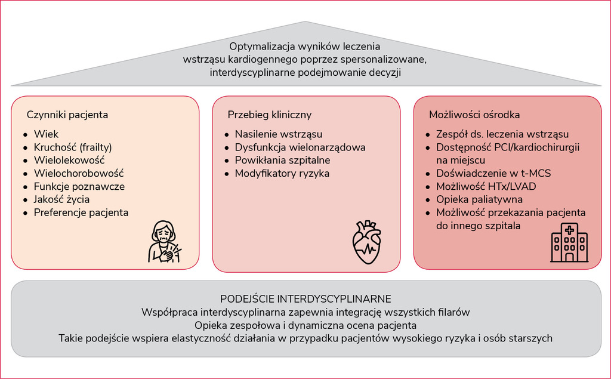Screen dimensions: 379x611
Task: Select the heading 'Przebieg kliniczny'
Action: [x=269, y=115]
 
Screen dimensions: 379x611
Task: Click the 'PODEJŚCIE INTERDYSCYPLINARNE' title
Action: [x=305, y=298]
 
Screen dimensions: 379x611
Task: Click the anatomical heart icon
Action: [x=366, y=242]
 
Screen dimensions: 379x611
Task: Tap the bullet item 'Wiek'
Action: [x=46, y=134]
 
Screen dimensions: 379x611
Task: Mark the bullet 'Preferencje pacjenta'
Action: [x=81, y=212]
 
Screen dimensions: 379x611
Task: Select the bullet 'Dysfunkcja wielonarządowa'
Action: [x=300, y=147]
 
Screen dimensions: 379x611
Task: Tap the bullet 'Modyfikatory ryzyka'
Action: [x=282, y=173]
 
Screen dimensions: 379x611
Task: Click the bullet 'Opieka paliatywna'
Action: [x=479, y=199]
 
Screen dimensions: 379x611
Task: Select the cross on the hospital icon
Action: [x=569, y=230]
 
